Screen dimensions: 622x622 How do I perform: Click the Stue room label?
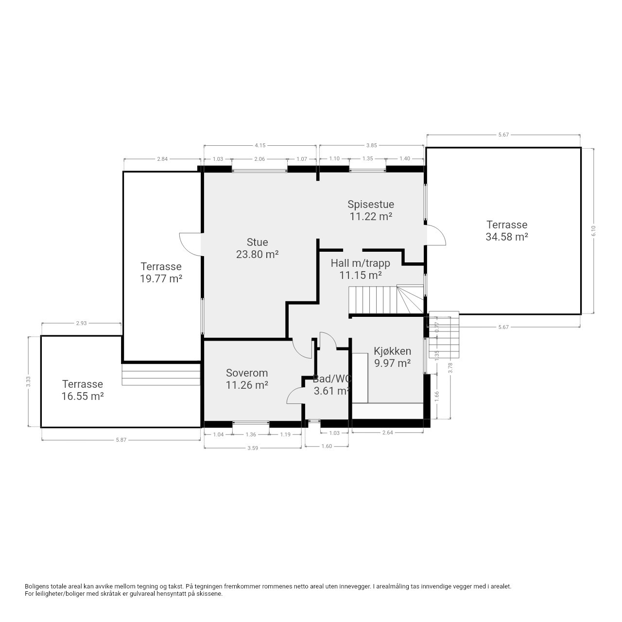click(257, 242)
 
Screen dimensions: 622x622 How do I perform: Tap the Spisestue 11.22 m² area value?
click(371, 216)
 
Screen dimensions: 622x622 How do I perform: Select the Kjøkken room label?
click(392, 351)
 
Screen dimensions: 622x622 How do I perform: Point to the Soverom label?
click(247, 373)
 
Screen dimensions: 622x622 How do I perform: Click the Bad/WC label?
click(332, 379)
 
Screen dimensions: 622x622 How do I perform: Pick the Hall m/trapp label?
click(360, 263)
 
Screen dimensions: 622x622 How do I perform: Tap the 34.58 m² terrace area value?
click(507, 237)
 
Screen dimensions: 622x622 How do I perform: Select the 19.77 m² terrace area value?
click(161, 278)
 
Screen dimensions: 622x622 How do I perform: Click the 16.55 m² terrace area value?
click(83, 396)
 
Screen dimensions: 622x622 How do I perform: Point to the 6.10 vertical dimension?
click(593, 230)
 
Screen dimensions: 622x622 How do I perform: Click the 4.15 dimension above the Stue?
click(260, 146)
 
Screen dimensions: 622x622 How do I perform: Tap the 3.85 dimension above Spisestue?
click(372, 146)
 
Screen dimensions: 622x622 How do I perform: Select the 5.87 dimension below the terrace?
click(121, 440)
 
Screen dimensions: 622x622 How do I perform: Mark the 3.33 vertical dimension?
click(28, 381)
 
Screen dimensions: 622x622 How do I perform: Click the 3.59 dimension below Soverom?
click(253, 448)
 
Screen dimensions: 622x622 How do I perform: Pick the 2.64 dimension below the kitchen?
click(387, 432)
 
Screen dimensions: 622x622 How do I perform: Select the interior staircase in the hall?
click(386, 299)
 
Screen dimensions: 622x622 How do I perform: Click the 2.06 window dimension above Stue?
click(259, 159)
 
